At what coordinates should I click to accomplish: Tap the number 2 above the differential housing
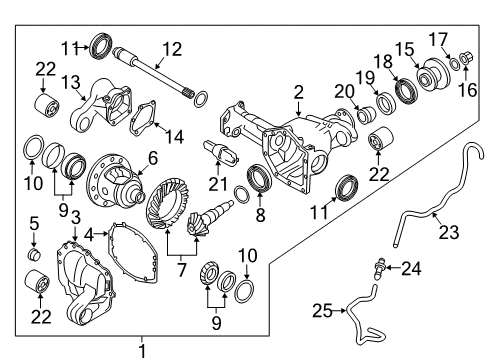pos(297,93)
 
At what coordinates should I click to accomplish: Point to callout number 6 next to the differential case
pos(152,157)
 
